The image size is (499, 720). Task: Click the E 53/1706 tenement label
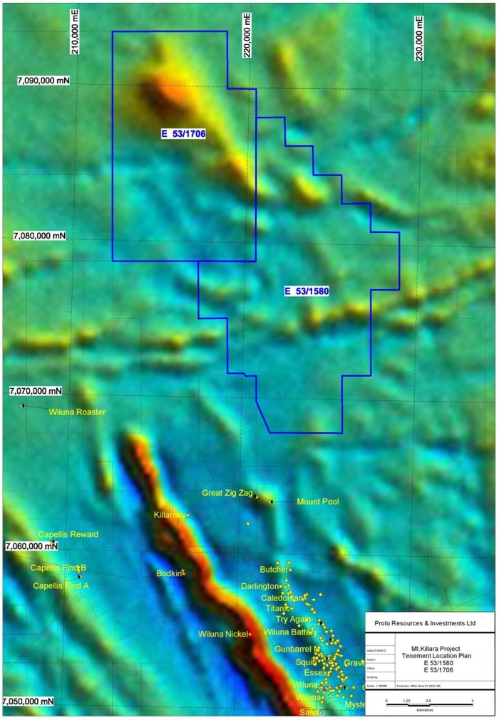pos(184,133)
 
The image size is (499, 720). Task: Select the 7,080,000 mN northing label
pos(40,236)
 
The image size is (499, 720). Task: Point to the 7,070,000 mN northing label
pos(36,391)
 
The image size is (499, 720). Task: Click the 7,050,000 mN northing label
pos(29,701)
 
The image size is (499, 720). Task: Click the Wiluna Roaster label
pos(77,412)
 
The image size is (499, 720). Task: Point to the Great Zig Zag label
pos(227,493)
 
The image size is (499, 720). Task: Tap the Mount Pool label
pos(317,501)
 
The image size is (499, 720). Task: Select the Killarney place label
pos(170,514)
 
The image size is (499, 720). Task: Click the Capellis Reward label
pos(68,534)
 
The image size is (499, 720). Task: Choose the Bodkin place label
pos(169,573)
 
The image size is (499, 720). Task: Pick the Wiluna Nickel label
pos(223,634)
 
